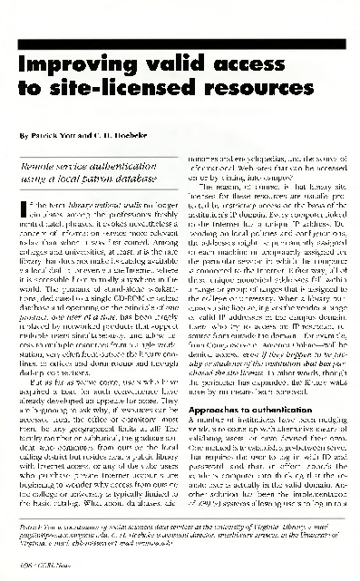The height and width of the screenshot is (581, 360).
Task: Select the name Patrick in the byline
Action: [x=54, y=135]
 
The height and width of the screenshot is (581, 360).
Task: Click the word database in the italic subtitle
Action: [x=145, y=183]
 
